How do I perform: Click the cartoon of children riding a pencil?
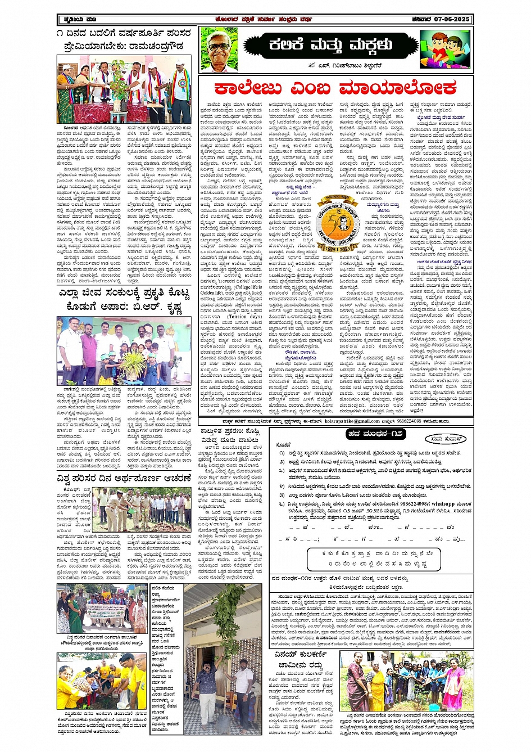coord(444,49)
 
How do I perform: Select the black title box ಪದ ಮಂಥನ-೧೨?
coord(375,434)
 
